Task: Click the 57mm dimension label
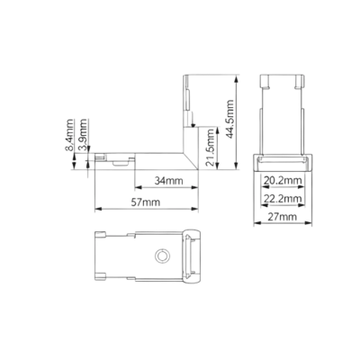pos(146,202)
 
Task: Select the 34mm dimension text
pos(168,181)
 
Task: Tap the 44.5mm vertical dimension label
pos(229,119)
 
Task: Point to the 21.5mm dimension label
pos(210,148)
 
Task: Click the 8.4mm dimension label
pos(69,135)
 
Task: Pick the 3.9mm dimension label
pos(82,134)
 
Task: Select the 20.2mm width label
pos(283,181)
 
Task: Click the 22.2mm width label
pos(283,199)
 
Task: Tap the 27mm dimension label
pos(283,217)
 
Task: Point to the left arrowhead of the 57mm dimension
pos(98,208)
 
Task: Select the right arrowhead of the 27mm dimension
pos(309,222)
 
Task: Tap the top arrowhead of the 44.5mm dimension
pos(237,79)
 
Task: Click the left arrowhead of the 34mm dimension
pos(139,188)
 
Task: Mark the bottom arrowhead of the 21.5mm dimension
pos(218,166)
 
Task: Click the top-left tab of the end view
pos(265,82)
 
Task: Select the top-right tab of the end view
pos(300,82)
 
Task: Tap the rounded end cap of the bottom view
pos(192,256)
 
